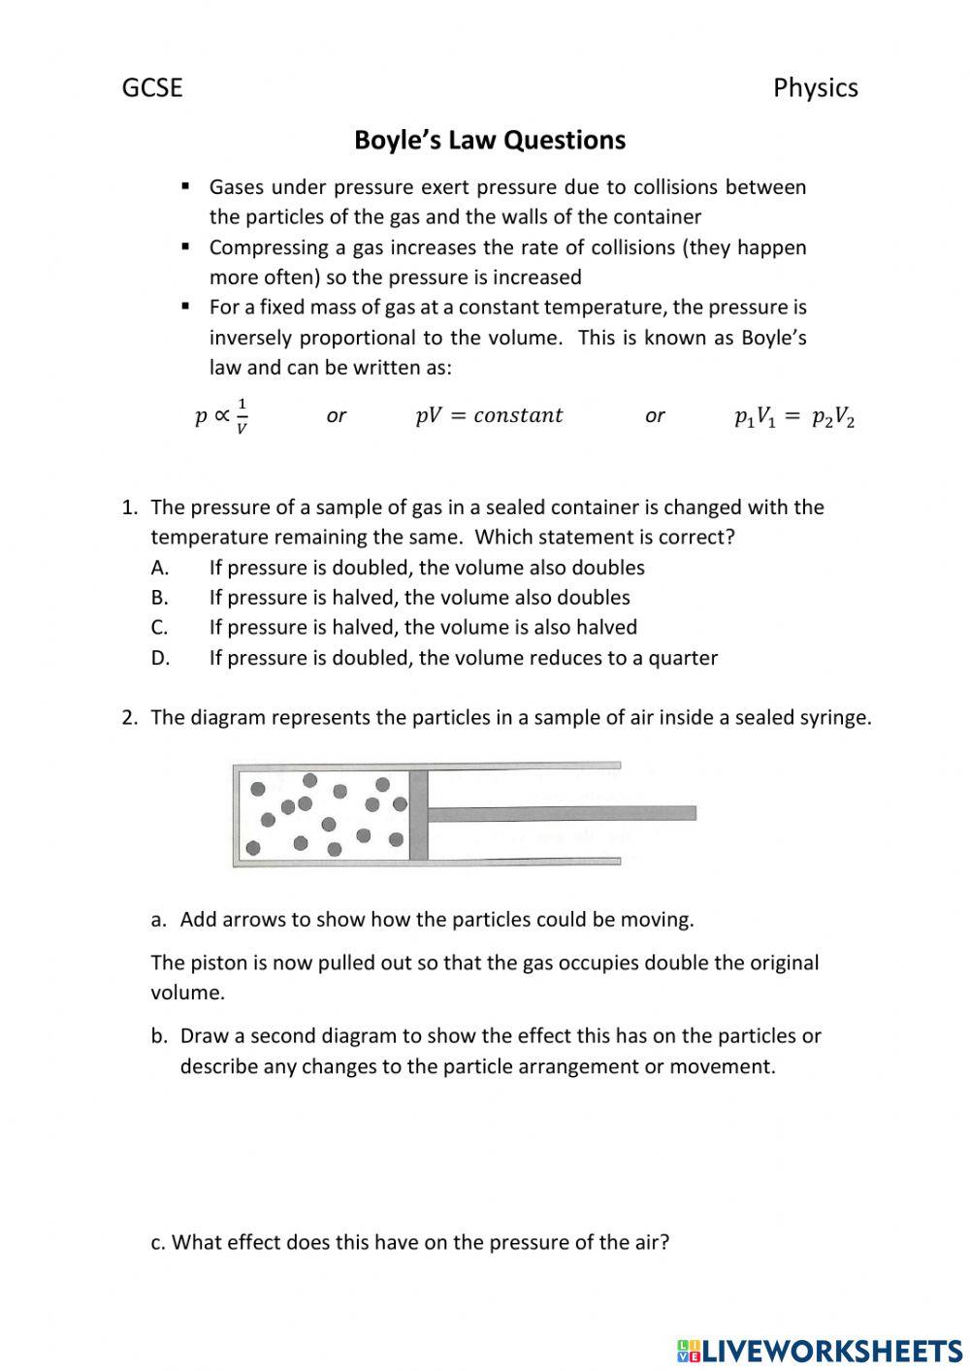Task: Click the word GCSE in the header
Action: click(152, 88)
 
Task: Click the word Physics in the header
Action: click(815, 88)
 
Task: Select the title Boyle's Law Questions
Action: click(490, 141)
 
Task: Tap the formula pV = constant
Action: click(489, 415)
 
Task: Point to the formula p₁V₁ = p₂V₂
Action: click(794, 417)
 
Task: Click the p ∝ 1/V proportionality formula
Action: click(221, 416)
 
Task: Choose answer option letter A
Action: click(160, 568)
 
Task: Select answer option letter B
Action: click(160, 598)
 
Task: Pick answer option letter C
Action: click(160, 628)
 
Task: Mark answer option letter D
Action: click(160, 658)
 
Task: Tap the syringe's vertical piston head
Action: click(418, 814)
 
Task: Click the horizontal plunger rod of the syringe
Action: click(563, 813)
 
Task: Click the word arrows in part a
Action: click(256, 920)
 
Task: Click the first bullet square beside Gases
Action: click(185, 185)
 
